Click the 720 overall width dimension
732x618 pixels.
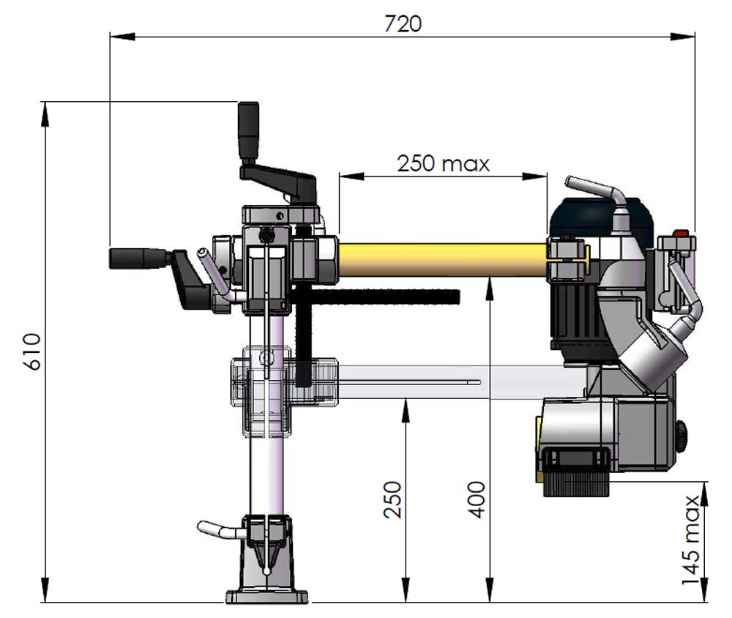coord(403,23)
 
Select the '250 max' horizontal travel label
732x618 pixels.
coord(443,163)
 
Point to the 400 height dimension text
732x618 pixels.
coord(477,499)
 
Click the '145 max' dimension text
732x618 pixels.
coord(692,540)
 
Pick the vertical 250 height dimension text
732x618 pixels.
coord(393,499)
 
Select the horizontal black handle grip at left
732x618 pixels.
coord(138,258)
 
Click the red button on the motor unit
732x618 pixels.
coord(681,235)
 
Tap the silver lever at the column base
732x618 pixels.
coord(216,527)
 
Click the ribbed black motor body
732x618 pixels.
coord(578,315)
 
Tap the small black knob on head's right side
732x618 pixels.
coord(684,437)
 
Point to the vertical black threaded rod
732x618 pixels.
coord(305,337)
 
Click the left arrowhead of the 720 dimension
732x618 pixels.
coord(116,34)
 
